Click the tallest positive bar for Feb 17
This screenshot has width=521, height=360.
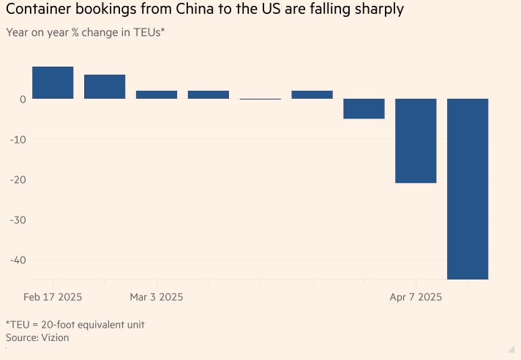[53, 83]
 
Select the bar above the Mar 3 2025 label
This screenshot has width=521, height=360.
[157, 94]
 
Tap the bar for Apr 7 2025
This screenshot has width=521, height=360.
[416, 140]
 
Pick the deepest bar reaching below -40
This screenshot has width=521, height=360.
[468, 189]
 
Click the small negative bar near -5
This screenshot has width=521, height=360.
[364, 108]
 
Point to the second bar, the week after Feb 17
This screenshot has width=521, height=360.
[105, 86]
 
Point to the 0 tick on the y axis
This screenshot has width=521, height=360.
[23, 100]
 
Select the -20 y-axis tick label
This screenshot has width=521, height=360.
[18, 180]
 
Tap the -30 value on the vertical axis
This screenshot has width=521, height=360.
[18, 220]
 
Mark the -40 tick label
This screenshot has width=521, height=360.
[18, 260]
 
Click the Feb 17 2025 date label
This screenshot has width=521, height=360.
[53, 297]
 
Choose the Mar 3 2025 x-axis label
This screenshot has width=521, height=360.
[157, 297]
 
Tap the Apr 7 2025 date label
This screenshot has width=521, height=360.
[416, 297]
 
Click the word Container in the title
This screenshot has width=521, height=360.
[36, 11]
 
